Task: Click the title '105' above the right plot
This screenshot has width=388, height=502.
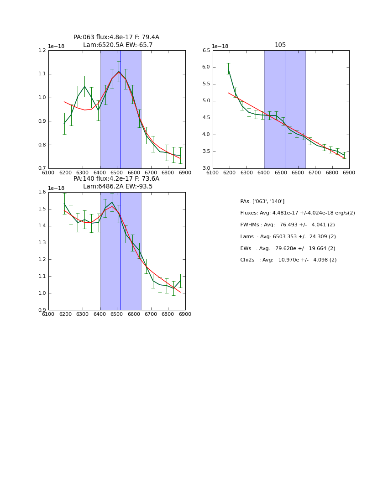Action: point(280,45)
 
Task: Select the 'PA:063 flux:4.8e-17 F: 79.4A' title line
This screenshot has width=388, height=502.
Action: point(116,37)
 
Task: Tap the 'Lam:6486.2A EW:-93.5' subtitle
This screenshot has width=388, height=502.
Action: point(118,187)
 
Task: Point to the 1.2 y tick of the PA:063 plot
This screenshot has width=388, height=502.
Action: point(42,50)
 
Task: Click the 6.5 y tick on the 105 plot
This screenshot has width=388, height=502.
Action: point(205,50)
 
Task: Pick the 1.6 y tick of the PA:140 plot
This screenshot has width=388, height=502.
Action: point(42,192)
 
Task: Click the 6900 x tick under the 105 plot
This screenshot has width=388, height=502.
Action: point(349,173)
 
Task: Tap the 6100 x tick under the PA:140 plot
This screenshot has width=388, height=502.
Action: point(48,314)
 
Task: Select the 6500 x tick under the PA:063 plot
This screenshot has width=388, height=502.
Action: point(117,173)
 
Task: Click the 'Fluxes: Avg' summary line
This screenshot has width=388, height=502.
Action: point(297,213)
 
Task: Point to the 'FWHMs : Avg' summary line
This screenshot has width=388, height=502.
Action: point(288,225)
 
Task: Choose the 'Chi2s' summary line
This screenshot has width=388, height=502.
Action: point(288,260)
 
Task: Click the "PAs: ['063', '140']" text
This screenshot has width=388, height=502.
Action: point(262,201)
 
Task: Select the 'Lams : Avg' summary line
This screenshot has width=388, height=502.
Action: point(288,237)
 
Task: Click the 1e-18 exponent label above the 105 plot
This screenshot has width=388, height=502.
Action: point(220,46)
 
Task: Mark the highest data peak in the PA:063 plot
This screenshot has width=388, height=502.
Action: point(119,72)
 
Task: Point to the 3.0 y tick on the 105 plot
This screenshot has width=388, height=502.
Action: point(205,168)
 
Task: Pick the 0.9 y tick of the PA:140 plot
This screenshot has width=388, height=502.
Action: point(42,310)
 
